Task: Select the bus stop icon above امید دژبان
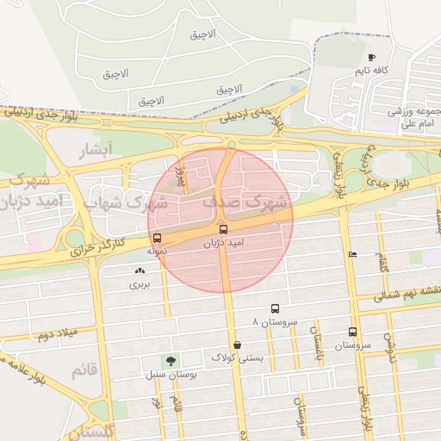coord(224,229)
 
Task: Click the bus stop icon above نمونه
coord(157,239)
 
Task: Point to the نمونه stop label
coord(155,251)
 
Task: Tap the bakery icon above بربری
coord(140,270)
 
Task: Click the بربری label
coord(140,283)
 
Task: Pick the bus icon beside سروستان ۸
coord(276,308)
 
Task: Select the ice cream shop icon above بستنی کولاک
coord(237,345)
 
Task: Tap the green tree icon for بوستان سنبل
coord(170,362)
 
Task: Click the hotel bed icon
coord(352,254)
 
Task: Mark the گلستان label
coord(82,430)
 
